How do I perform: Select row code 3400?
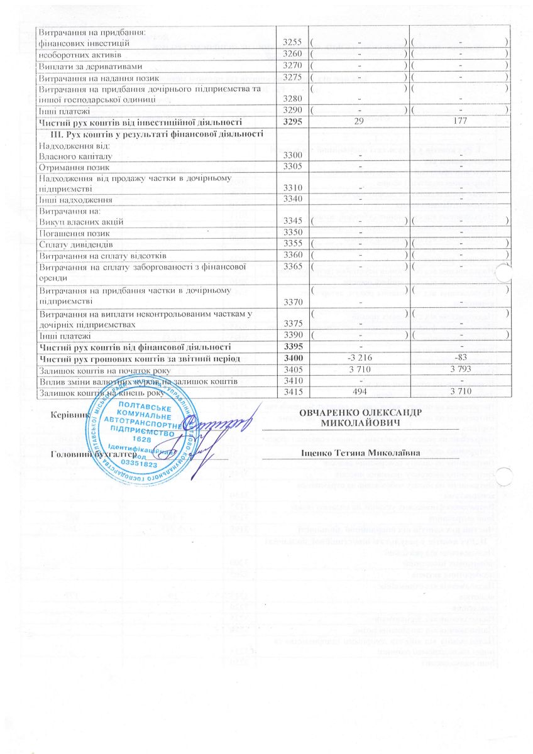(294, 358)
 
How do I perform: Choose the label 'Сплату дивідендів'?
(71, 244)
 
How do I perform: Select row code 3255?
(294, 43)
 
